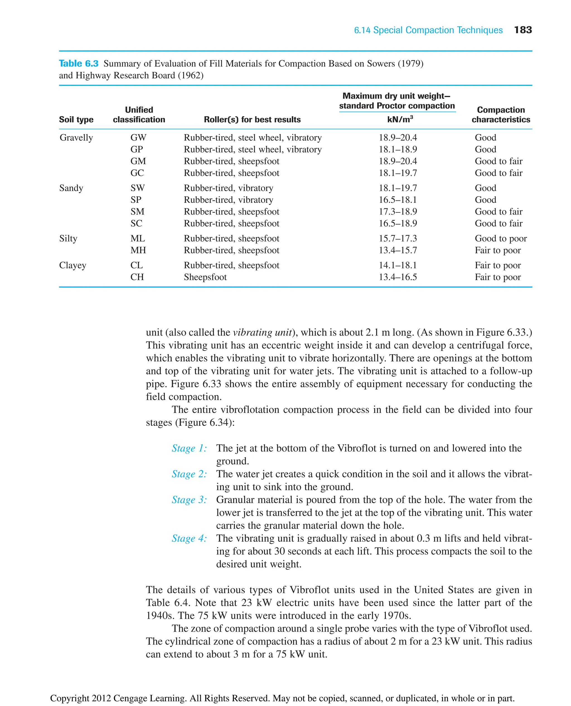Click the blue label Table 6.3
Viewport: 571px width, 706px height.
(x=79, y=63)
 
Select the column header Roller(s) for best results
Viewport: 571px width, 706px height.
(x=252, y=119)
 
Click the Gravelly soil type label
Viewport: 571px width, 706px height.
(x=76, y=137)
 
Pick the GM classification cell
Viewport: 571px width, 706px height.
(x=138, y=161)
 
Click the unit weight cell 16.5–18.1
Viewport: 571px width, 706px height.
(x=398, y=200)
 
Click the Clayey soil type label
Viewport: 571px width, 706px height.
(x=73, y=265)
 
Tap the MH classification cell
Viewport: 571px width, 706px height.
(x=138, y=250)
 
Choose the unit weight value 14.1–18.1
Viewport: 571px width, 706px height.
(x=398, y=265)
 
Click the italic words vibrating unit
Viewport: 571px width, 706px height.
(x=262, y=333)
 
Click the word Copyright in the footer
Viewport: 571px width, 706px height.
(x=69, y=698)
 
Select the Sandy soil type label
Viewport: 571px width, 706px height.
(x=71, y=188)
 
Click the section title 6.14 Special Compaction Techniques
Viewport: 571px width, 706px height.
(x=428, y=30)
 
